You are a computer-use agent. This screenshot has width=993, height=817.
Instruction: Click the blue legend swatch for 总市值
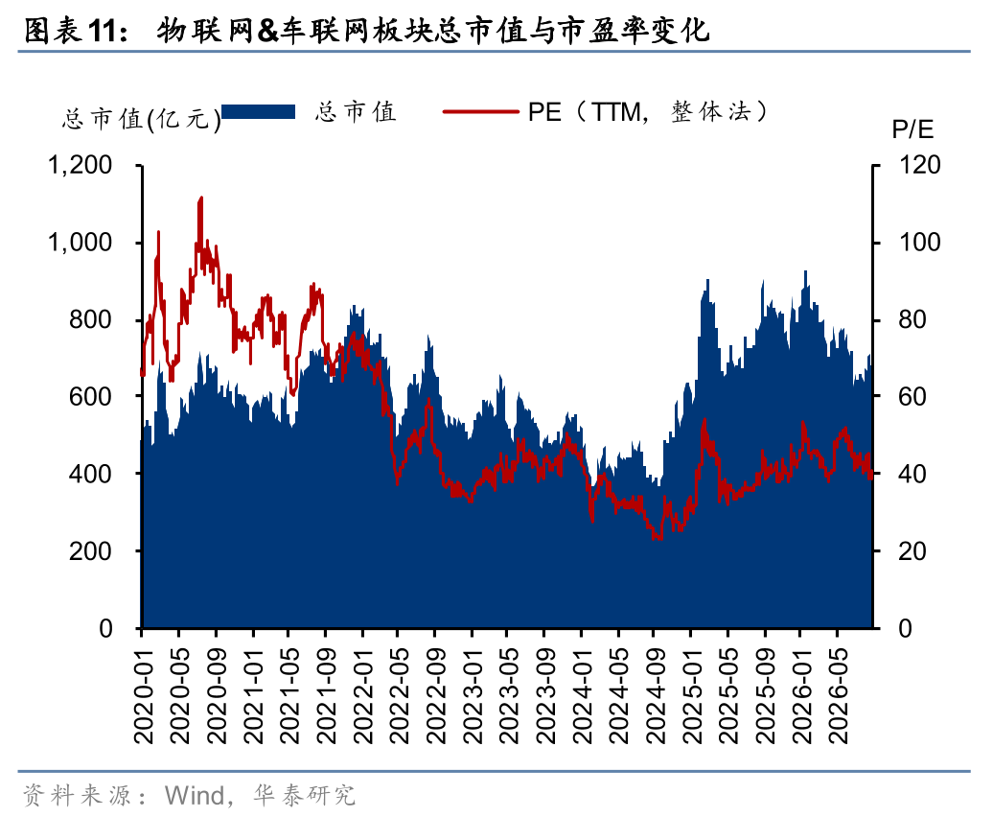click(259, 112)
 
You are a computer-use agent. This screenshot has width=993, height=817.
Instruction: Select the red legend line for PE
click(481, 112)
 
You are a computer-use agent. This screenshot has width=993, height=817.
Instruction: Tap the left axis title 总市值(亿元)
click(141, 119)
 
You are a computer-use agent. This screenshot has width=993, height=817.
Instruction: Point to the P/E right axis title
click(912, 129)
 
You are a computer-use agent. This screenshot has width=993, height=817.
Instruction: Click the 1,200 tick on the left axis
click(80, 165)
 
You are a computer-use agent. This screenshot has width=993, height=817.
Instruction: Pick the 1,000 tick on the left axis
click(80, 243)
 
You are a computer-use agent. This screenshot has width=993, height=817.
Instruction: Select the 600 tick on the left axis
click(90, 397)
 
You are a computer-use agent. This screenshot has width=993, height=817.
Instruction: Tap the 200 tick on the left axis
click(90, 551)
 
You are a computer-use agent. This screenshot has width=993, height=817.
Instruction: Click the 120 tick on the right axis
click(919, 165)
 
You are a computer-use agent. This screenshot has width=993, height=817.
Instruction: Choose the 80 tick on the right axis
click(912, 320)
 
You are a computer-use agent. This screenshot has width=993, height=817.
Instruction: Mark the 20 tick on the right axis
click(912, 551)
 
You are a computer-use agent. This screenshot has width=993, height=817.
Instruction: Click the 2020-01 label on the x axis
click(144, 696)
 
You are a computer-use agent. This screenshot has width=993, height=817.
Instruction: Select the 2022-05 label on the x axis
click(400, 696)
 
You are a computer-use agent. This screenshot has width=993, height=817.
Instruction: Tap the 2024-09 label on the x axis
click(656, 696)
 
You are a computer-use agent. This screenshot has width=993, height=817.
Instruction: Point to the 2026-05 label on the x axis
click(839, 696)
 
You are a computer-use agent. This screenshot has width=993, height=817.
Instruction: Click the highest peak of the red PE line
click(200, 198)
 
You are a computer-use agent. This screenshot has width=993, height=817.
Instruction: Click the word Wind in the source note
click(195, 796)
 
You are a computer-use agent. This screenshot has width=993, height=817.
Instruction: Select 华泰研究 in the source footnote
click(305, 796)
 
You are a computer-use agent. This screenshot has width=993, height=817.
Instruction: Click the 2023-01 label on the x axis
click(473, 696)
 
